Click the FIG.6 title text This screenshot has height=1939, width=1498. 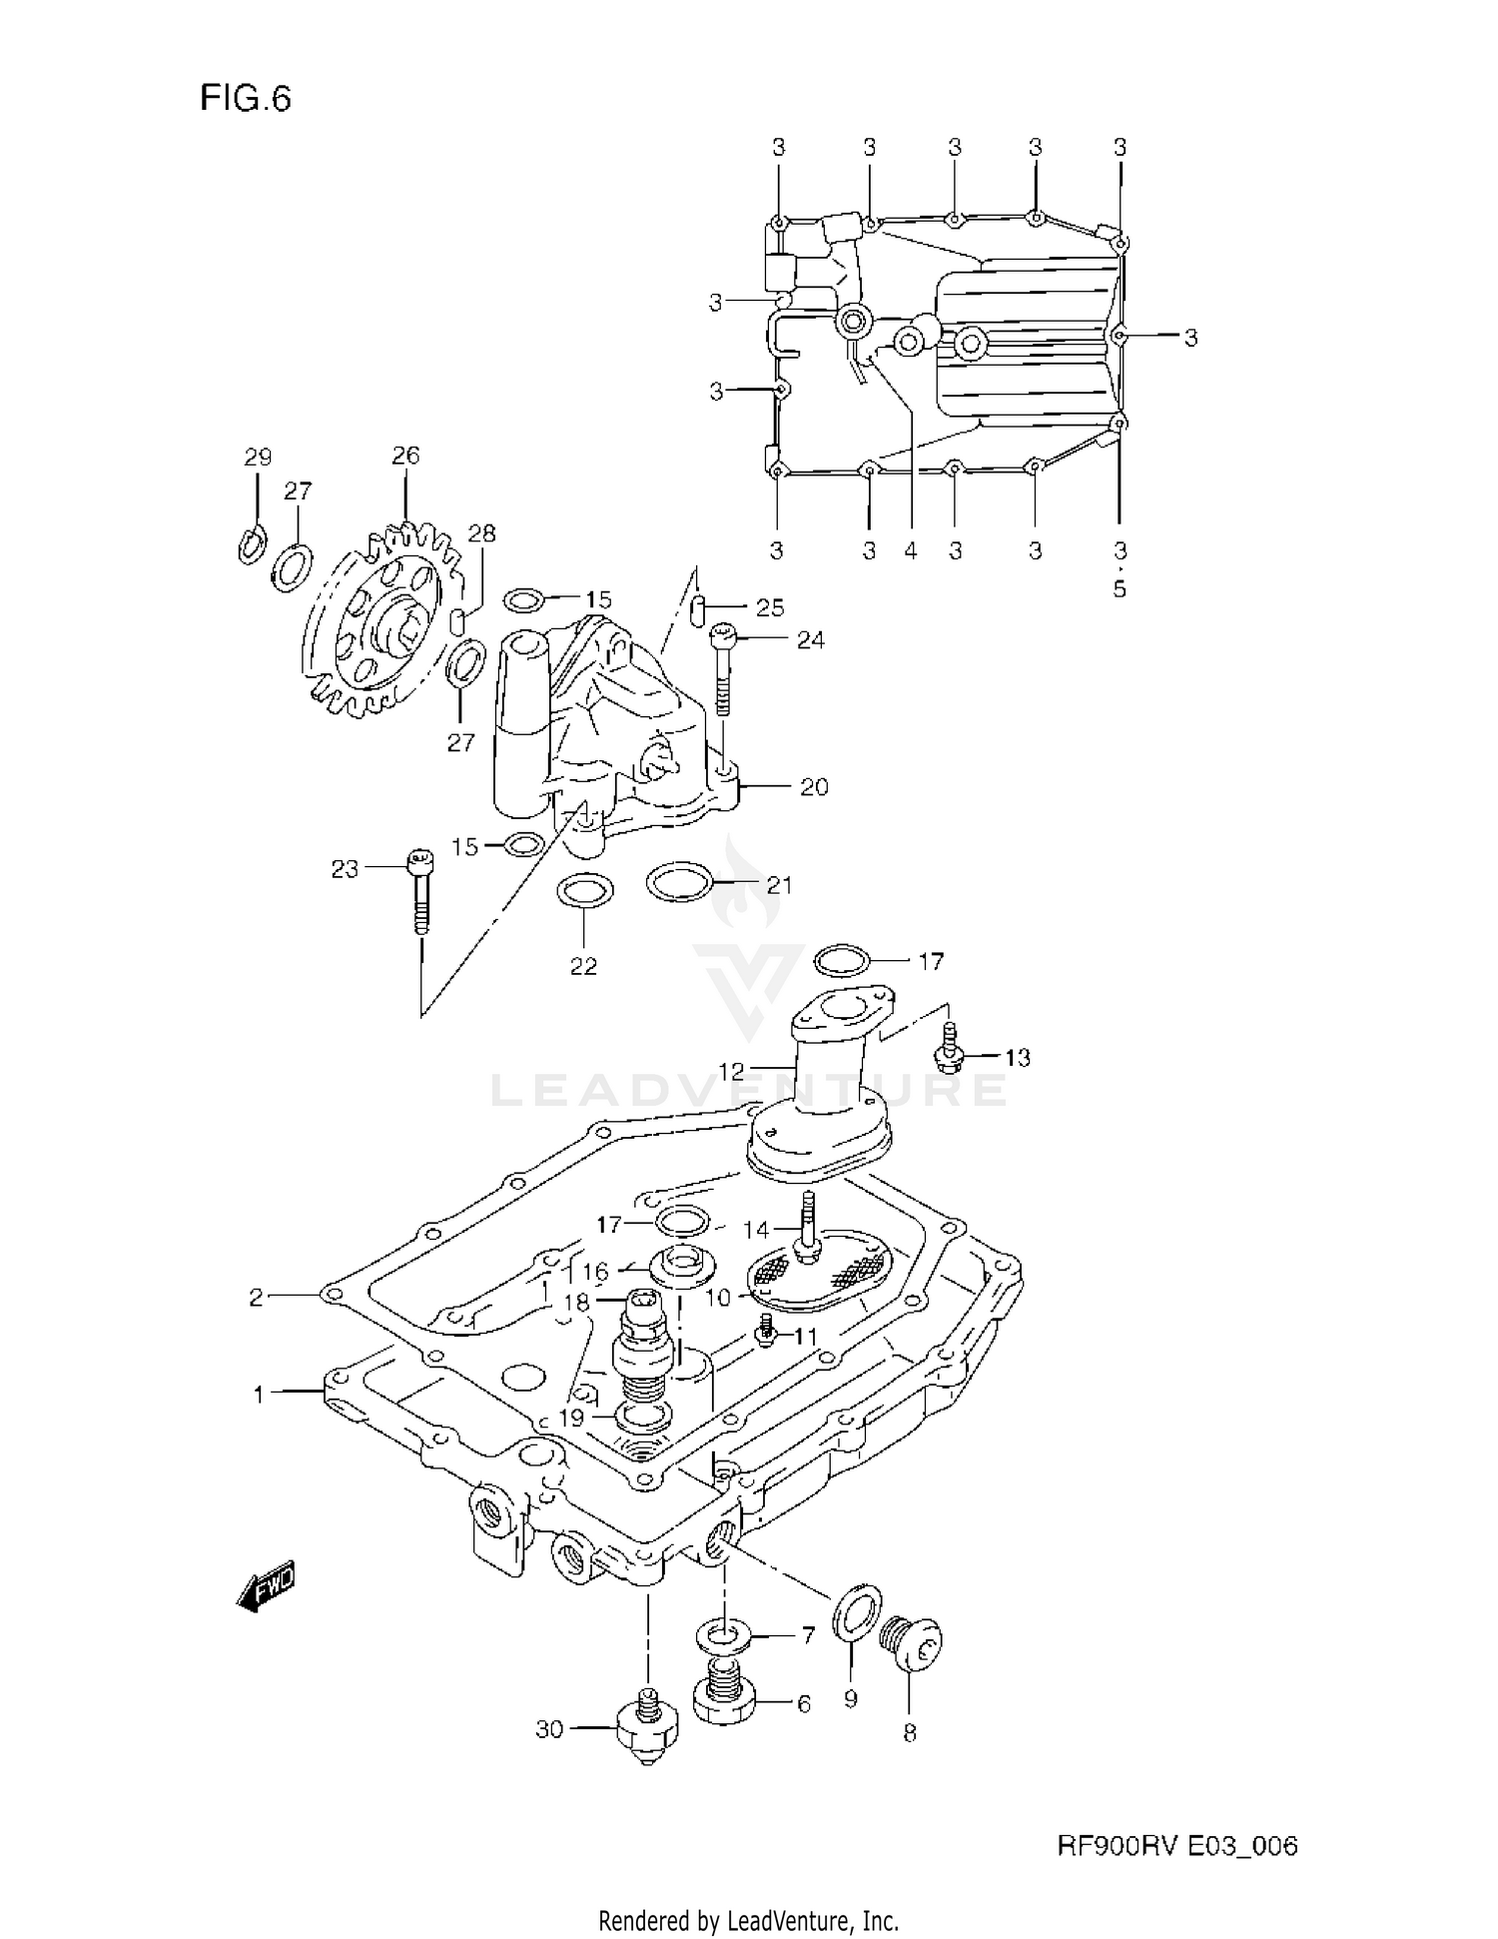pos(246,98)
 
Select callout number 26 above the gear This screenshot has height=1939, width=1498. pos(405,456)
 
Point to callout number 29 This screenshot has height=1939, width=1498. pos(258,458)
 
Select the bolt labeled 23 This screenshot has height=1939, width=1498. pos(420,889)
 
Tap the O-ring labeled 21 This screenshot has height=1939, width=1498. pos(679,882)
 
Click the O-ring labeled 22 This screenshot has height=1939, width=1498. pos(582,890)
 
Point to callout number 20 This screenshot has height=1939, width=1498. pos(814,787)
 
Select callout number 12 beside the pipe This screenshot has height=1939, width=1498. pos(731,1071)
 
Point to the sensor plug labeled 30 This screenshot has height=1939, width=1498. pos(648,1728)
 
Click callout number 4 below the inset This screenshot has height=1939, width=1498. pos(910,550)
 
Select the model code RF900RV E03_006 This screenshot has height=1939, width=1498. pos(1177,1846)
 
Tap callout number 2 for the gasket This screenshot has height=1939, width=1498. pos(257,1297)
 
